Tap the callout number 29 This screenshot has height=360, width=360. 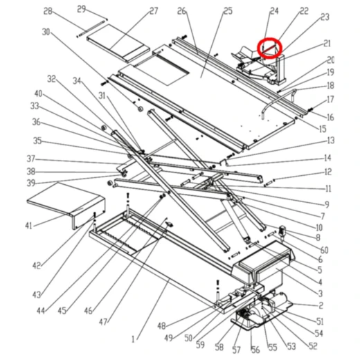[82, 8]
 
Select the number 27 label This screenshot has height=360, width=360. [153, 11]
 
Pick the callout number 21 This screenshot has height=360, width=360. [327, 44]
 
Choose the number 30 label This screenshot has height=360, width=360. [46, 32]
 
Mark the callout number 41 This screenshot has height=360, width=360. [28, 226]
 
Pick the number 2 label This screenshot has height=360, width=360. [321, 305]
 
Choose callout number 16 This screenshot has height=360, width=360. [330, 118]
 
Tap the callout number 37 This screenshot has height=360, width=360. [30, 159]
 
